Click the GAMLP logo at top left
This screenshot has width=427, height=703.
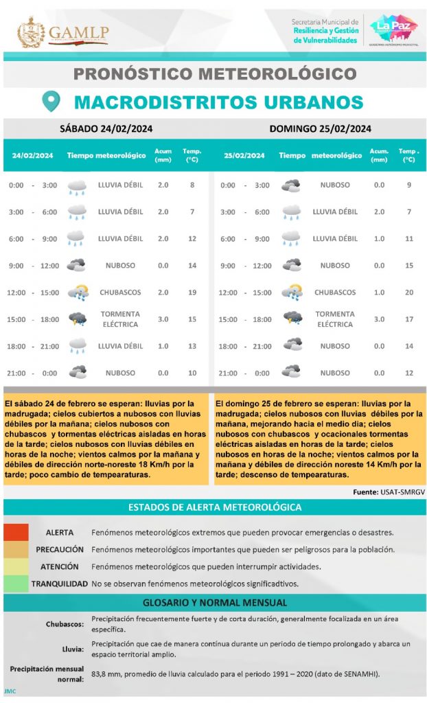63,32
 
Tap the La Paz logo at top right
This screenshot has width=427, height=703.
393,30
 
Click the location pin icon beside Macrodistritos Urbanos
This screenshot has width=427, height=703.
51,102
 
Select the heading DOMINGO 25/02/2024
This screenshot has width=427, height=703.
320,128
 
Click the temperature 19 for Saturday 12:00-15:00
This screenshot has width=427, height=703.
192,292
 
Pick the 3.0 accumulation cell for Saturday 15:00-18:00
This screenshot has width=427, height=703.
163,319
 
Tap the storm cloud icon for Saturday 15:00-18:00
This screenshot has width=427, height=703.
77,319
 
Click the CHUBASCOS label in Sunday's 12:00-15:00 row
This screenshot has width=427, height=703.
335,292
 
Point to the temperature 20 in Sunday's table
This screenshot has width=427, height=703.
408,292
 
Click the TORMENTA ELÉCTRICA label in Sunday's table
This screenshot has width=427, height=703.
335,319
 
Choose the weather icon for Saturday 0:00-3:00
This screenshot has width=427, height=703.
77,186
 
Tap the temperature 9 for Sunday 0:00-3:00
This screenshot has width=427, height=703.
408,185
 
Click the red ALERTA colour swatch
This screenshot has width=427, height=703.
16,533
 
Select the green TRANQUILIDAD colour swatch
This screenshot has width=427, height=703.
16,584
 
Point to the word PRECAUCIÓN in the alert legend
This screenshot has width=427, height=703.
60,550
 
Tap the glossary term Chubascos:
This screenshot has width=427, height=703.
67,624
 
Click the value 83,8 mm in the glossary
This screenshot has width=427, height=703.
104,673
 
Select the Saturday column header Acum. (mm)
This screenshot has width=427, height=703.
163,155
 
